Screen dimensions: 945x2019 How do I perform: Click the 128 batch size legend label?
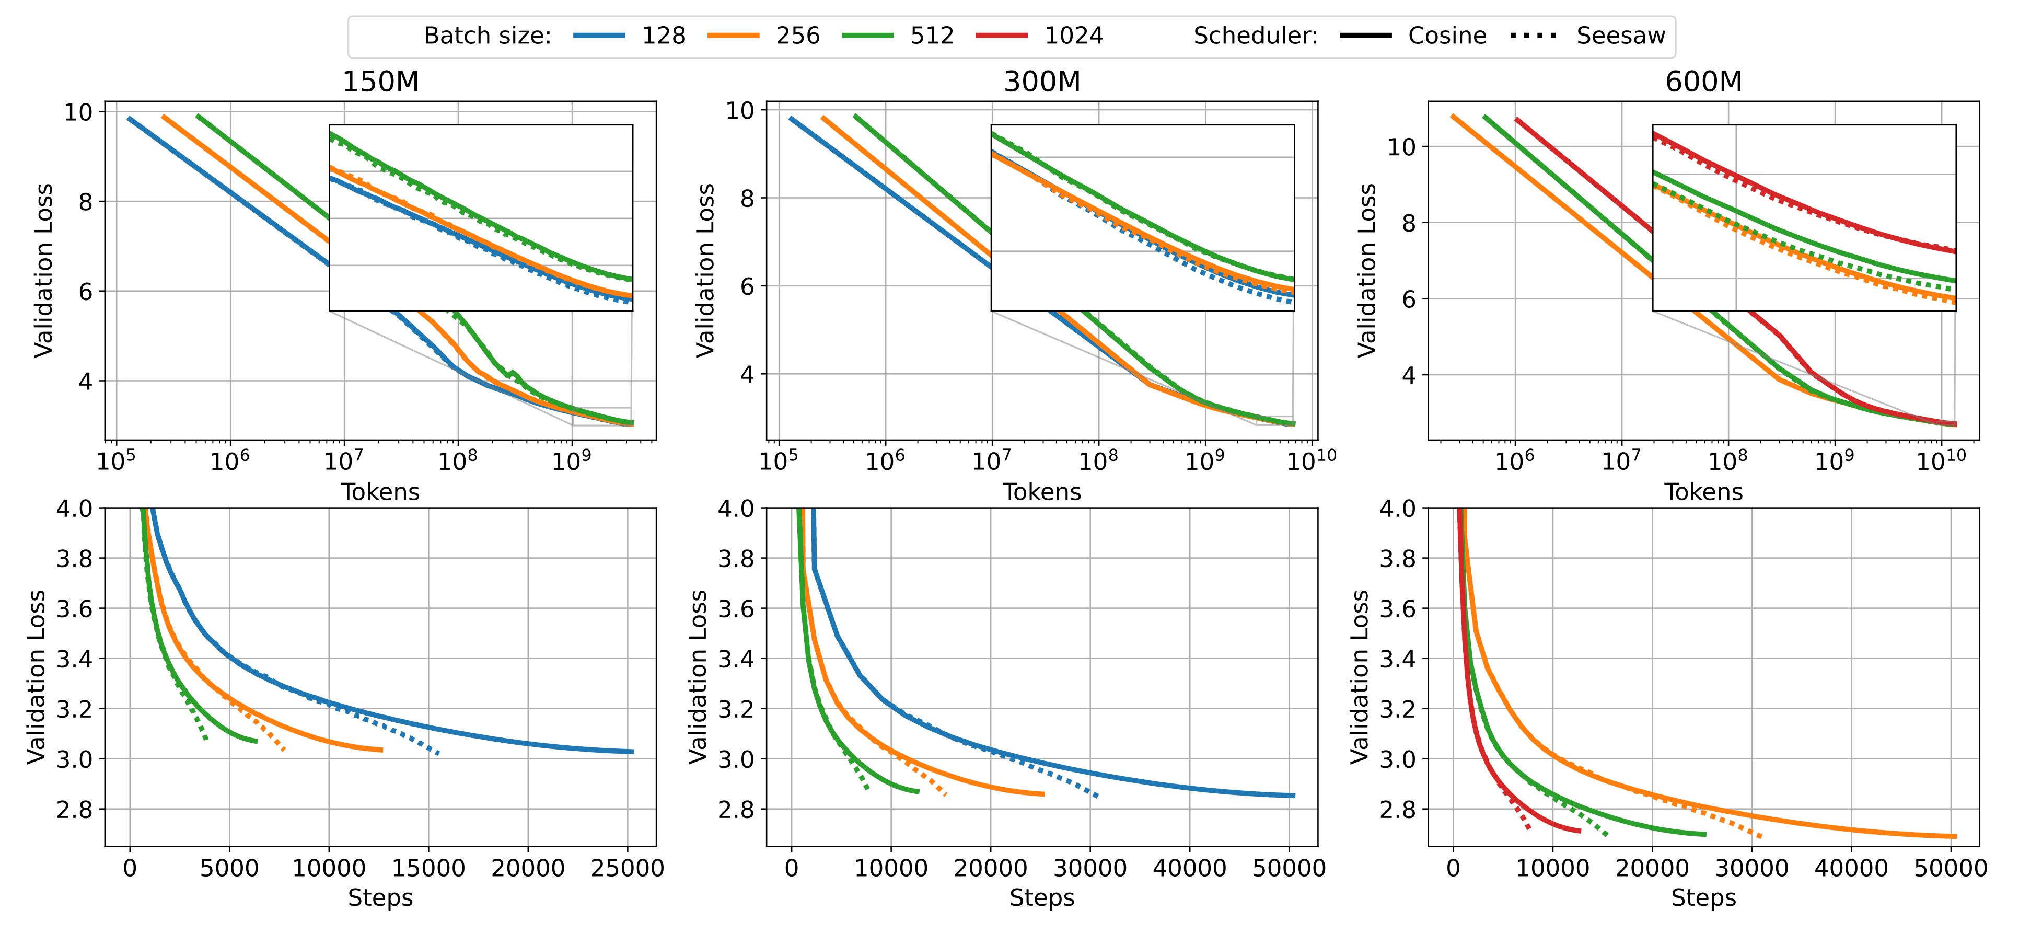(x=663, y=36)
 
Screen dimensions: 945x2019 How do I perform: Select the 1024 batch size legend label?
(x=1073, y=36)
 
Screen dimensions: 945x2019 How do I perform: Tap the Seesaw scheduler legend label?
(x=1620, y=36)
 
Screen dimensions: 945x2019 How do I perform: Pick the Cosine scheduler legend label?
(x=1446, y=36)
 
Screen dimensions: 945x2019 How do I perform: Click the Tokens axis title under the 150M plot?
(x=380, y=492)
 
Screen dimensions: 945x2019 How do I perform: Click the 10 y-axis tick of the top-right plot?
(x=1403, y=147)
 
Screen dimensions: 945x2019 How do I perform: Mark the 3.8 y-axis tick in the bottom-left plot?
(x=74, y=558)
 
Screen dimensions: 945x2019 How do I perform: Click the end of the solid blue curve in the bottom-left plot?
(x=632, y=751)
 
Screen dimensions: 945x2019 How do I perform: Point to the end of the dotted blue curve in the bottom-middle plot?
(x=1097, y=796)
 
